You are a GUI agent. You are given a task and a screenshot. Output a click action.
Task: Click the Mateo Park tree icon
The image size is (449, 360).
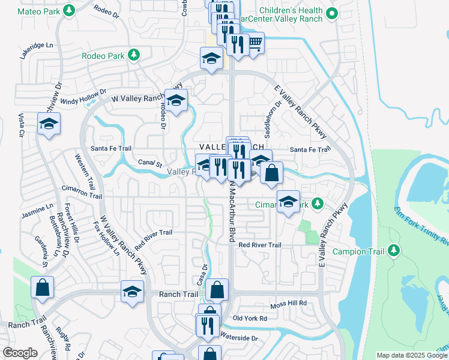tap(70, 10)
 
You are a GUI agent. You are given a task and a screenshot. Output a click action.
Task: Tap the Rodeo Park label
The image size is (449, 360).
tap(103, 56)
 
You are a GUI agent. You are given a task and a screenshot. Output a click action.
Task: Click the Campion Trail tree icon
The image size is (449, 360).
tap(394, 250)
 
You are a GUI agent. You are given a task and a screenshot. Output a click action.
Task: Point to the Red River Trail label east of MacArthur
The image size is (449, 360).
tap(259, 245)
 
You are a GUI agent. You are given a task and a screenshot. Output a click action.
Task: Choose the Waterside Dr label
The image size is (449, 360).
tap(238, 338)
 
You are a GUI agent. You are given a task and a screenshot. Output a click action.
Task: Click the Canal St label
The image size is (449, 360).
tap(150, 163)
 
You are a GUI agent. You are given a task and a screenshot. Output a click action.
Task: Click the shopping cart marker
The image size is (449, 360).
tap(255, 43)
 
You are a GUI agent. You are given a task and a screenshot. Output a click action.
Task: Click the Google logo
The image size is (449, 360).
tap(20, 353)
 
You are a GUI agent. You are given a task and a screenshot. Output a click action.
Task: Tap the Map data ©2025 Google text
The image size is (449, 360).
tap(412, 355)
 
